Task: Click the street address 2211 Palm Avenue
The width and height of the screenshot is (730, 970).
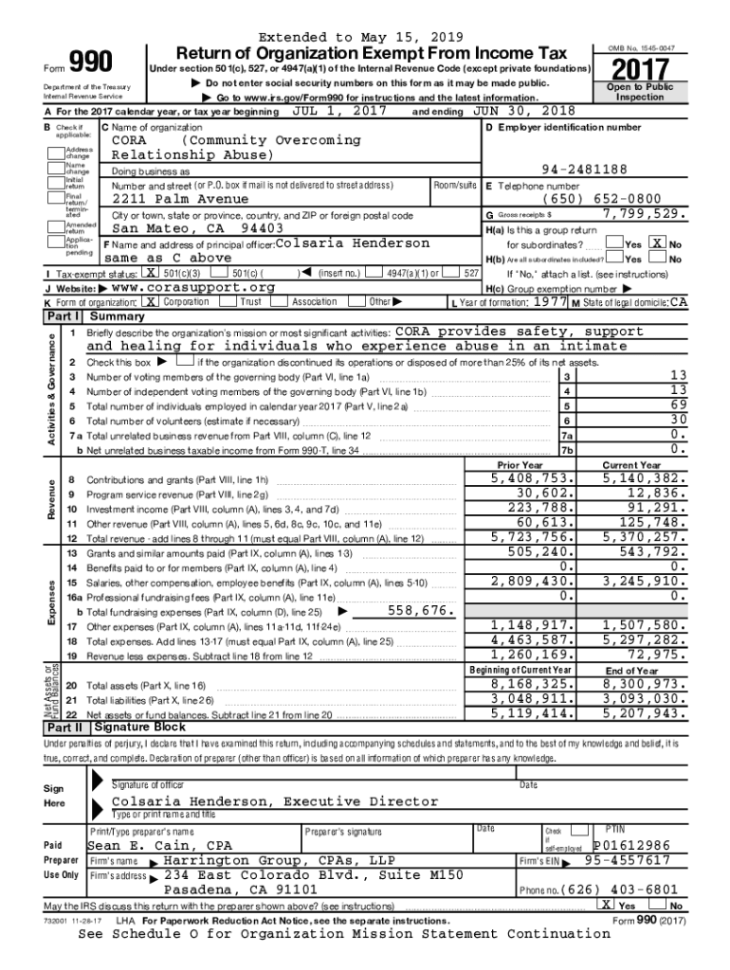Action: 180,199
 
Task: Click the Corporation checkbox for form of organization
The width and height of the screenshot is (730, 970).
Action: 151,301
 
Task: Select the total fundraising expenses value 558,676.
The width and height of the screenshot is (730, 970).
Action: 416,611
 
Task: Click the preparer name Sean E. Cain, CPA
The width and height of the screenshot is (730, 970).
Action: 159,845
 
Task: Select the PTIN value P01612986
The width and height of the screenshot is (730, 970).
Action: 631,845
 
